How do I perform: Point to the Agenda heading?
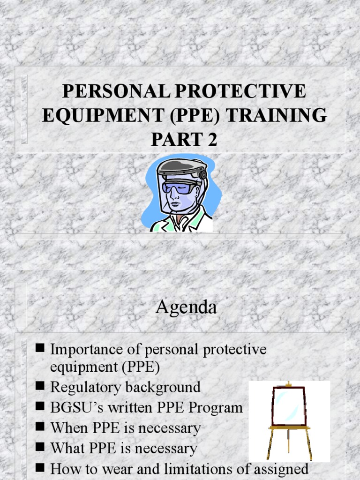point(186,307)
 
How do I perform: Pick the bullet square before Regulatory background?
point(40,386)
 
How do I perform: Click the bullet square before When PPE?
point(40,427)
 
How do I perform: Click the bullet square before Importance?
point(40,348)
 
